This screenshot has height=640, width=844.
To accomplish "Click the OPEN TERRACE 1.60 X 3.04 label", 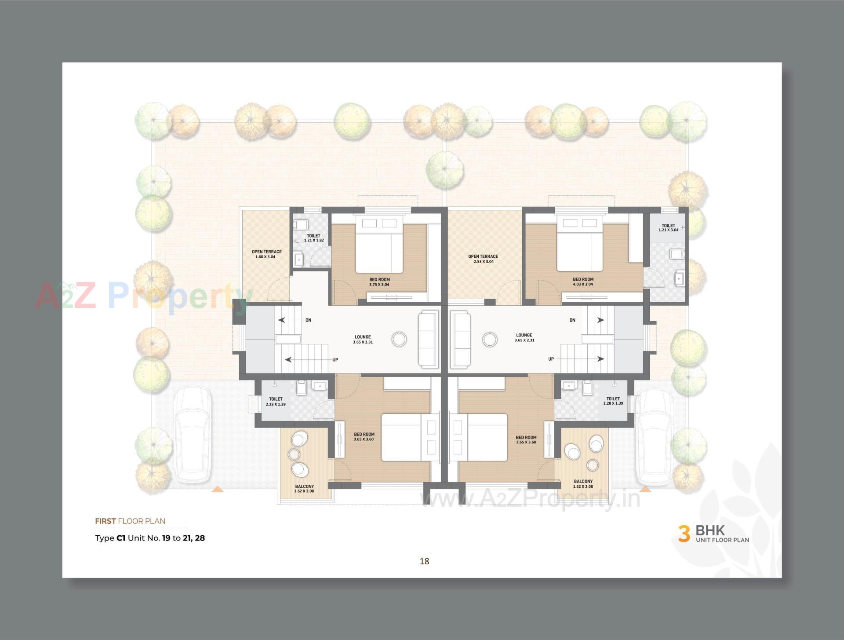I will pyautogui.click(x=266, y=254).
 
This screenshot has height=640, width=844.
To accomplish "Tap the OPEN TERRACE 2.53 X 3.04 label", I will pyautogui.click(x=483, y=259).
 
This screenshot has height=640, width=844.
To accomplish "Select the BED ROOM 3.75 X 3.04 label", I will pyautogui.click(x=379, y=282).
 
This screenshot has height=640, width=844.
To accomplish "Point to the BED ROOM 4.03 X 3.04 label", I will pyautogui.click(x=583, y=282).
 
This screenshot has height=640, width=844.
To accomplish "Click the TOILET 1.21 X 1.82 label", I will pyautogui.click(x=313, y=238).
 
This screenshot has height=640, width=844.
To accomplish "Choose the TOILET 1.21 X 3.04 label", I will pyautogui.click(x=668, y=227).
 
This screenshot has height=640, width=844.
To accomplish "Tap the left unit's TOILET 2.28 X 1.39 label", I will pyautogui.click(x=276, y=401).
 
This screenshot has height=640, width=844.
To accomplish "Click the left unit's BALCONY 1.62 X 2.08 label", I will pyautogui.click(x=304, y=489).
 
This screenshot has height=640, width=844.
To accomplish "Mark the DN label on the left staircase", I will pyautogui.click(x=308, y=320).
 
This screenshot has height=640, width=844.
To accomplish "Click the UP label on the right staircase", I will pyautogui.click(x=551, y=359).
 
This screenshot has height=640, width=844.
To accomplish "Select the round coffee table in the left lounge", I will pyautogui.click(x=399, y=339).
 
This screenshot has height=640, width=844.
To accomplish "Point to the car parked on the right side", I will pyautogui.click(x=655, y=435).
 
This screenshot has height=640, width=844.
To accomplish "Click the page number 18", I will pyautogui.click(x=424, y=561).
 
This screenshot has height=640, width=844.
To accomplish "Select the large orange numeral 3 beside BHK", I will pyautogui.click(x=684, y=534).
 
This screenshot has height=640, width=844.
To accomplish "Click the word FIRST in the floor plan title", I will pyautogui.click(x=105, y=521).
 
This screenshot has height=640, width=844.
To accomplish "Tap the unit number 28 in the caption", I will pyautogui.click(x=200, y=538).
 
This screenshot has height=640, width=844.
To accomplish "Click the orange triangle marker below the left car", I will pyautogui.click(x=217, y=489).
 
